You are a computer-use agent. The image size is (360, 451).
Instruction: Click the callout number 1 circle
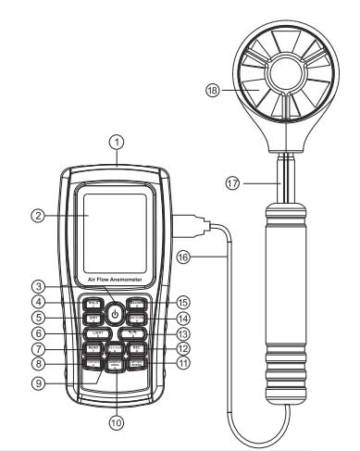[x=115, y=143]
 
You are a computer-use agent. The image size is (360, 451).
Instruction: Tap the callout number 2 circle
[x=38, y=216]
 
